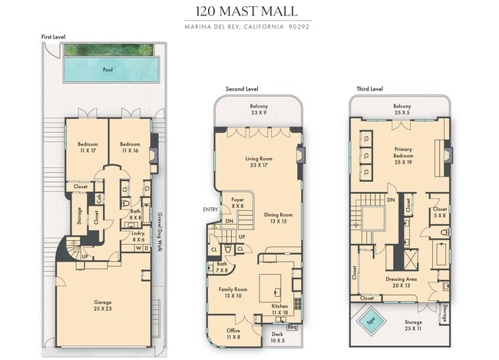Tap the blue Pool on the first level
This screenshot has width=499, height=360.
(107, 70)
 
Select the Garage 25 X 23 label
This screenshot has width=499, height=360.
(102, 306)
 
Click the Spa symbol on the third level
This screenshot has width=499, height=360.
(370, 322)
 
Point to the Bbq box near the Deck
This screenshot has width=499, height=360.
(292, 327)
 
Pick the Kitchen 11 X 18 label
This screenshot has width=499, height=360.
(280, 309)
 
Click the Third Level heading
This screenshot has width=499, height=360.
(369, 89)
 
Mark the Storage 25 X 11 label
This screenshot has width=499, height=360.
(402, 325)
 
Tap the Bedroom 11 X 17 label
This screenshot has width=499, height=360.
(87, 147)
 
